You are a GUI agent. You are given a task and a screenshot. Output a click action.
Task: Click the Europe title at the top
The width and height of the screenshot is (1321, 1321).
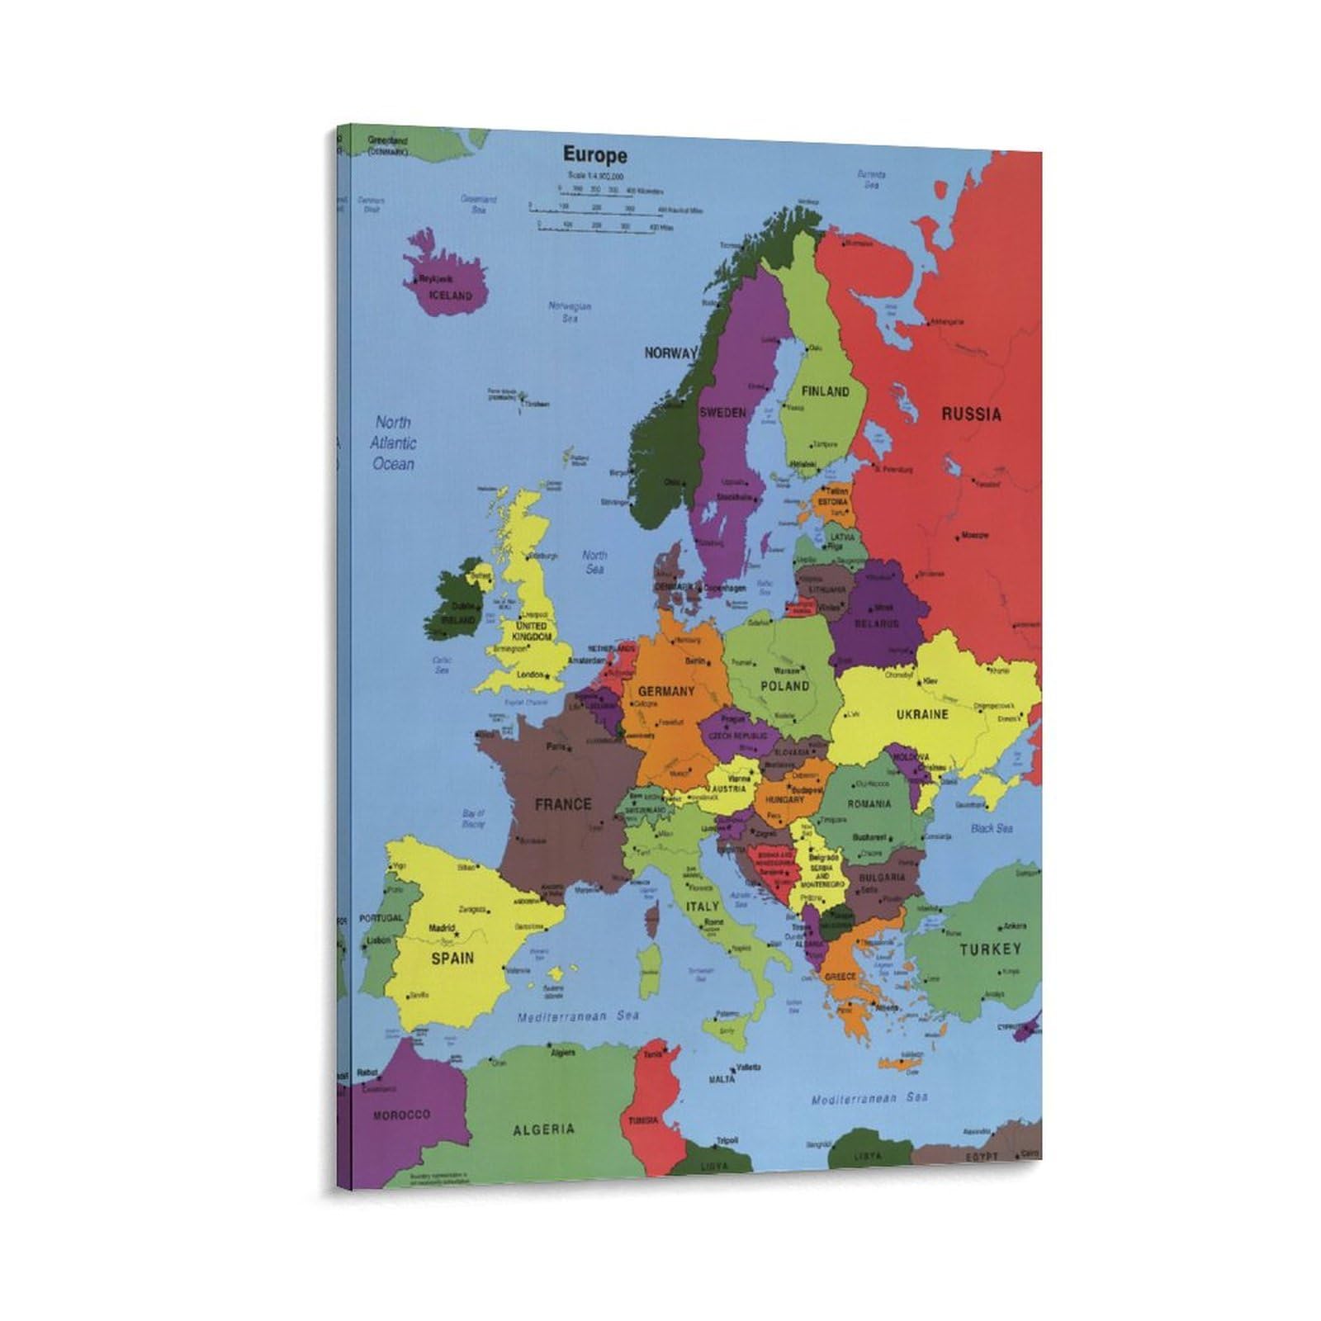pyautogui.click(x=594, y=155)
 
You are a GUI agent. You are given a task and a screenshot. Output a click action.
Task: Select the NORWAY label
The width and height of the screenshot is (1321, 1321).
pyautogui.click(x=670, y=353)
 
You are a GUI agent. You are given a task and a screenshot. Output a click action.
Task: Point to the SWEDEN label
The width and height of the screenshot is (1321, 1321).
pyautogui.click(x=722, y=413)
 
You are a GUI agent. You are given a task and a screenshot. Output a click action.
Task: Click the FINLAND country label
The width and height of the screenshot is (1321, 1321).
pyautogui.click(x=825, y=391)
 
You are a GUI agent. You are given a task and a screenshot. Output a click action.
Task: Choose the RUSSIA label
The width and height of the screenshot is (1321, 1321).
pyautogui.click(x=971, y=414)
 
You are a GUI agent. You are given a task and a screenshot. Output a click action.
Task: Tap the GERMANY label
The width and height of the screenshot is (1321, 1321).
pyautogui.click(x=665, y=692)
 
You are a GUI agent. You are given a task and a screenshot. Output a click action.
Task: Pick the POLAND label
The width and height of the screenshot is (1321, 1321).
pyautogui.click(x=784, y=686)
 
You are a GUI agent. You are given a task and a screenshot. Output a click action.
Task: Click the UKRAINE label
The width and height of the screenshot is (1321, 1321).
pyautogui.click(x=922, y=715)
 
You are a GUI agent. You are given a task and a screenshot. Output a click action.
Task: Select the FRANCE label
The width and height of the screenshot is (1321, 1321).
pyautogui.click(x=563, y=804)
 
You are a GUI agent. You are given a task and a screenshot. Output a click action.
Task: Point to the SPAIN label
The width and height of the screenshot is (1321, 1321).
pyautogui.click(x=452, y=958)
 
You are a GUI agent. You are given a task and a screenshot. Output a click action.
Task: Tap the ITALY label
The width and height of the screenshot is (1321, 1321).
pyautogui.click(x=703, y=907)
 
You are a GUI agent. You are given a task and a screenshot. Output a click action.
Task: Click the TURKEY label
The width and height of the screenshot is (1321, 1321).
pyautogui.click(x=990, y=949)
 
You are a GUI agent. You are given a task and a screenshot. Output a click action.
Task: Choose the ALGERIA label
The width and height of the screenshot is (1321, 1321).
pyautogui.click(x=543, y=1129)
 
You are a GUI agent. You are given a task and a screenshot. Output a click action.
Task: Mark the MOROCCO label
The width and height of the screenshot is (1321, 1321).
pyautogui.click(x=401, y=1115)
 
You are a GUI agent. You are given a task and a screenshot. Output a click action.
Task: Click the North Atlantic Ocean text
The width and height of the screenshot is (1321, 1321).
pyautogui.click(x=393, y=443)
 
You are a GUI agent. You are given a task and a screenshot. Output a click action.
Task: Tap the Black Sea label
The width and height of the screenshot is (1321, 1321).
pyautogui.click(x=992, y=828)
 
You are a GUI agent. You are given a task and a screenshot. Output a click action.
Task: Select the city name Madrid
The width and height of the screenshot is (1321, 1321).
pyautogui.click(x=442, y=928)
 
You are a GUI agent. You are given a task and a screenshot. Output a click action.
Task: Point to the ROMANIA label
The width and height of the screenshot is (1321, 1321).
pyautogui.click(x=869, y=803)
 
